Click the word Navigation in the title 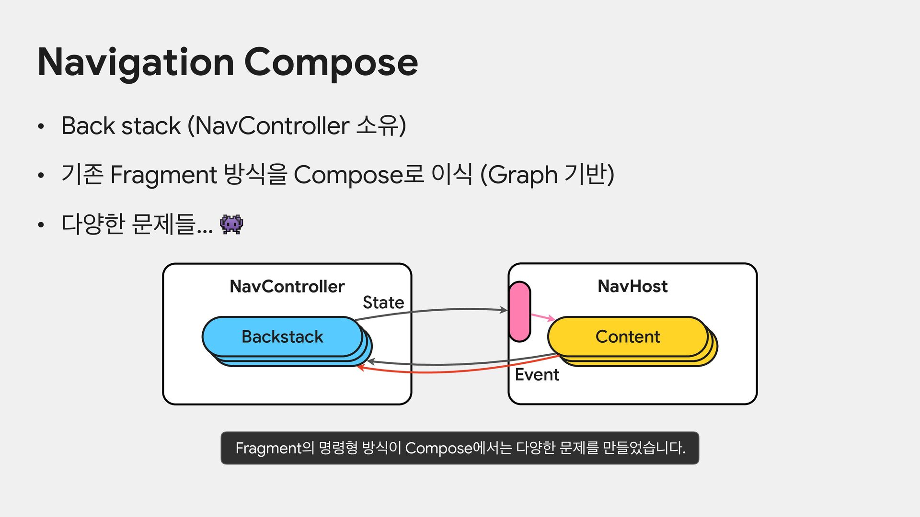coord(136,63)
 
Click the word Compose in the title coord(331,63)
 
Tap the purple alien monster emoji coord(231,224)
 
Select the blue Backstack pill coord(282,337)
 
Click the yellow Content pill coord(628,337)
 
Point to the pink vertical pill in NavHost coord(519,312)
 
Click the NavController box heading coord(287,286)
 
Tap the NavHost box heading coord(632,286)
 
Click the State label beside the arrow coord(383,303)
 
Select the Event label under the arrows coord(537,374)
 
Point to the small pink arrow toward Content coord(543,317)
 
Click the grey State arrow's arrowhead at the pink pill coord(504,310)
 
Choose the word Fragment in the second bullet coord(163,175)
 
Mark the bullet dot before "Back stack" coord(41,127)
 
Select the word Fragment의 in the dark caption coord(275,448)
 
